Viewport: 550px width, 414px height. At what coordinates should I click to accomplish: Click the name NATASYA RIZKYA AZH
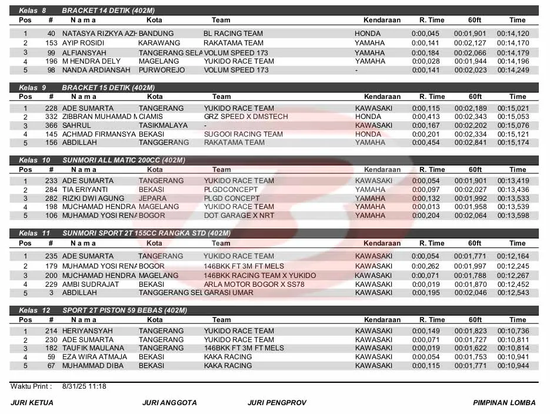pos(100,34)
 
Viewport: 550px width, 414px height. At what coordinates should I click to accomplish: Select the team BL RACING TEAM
pos(233,34)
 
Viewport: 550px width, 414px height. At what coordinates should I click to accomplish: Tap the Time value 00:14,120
pos(513,34)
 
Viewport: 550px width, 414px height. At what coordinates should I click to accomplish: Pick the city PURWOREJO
pos(162,70)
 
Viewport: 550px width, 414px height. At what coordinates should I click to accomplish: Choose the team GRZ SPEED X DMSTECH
pos(246,117)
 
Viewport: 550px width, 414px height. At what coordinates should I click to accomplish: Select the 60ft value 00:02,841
pos(470,143)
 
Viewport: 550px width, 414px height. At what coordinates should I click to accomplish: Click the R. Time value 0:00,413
pos(425,117)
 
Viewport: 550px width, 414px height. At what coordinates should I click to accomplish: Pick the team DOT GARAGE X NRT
pos(239,216)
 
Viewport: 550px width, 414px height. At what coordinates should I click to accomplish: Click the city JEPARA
pos(152,198)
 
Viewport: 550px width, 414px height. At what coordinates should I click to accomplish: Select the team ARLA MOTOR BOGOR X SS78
pos(254,284)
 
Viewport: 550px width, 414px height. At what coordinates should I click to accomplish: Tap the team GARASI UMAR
pos(228,293)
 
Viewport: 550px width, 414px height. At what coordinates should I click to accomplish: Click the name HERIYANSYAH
pos(87,331)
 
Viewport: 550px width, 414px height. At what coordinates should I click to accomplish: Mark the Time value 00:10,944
pos(513,366)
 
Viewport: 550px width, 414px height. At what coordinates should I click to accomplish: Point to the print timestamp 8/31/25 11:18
pos(84,387)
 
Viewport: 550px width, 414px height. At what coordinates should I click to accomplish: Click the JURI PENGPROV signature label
pos(277,403)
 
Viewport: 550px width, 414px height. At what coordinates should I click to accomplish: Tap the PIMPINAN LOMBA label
pos(504,403)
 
